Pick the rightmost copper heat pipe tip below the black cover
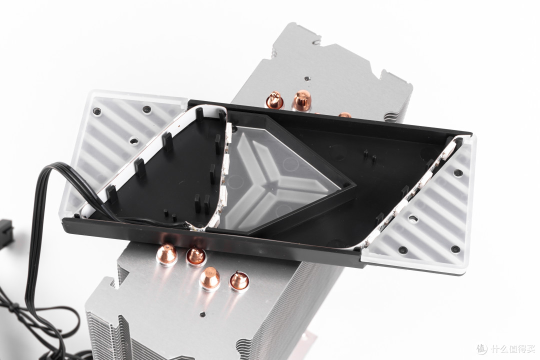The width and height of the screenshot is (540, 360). [239, 279]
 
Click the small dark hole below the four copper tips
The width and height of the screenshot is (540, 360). [203, 314]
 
